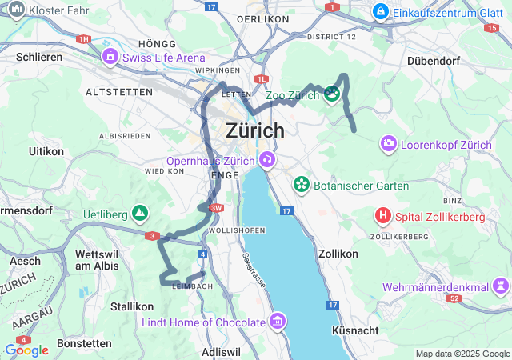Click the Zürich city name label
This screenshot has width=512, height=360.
click(x=255, y=130)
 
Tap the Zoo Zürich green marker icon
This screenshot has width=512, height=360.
click(x=332, y=95)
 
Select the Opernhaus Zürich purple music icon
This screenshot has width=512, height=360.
click(x=267, y=159)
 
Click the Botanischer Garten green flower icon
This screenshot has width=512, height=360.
click(x=302, y=186)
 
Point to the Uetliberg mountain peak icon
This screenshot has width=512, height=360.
click(x=140, y=214)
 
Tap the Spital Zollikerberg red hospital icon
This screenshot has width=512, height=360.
click(x=384, y=216)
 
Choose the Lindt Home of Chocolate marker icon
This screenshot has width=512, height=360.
click(x=278, y=322)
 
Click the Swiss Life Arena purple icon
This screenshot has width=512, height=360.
click(x=110, y=58)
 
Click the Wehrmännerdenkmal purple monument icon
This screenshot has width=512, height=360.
click(x=501, y=286)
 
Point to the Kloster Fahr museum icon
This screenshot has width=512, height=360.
click(x=16, y=10)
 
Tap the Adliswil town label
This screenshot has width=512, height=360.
click(x=222, y=351)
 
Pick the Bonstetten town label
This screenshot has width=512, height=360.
click(x=84, y=343)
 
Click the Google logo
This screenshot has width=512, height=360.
click(x=26, y=350)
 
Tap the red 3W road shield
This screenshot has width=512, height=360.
click(x=216, y=209)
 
